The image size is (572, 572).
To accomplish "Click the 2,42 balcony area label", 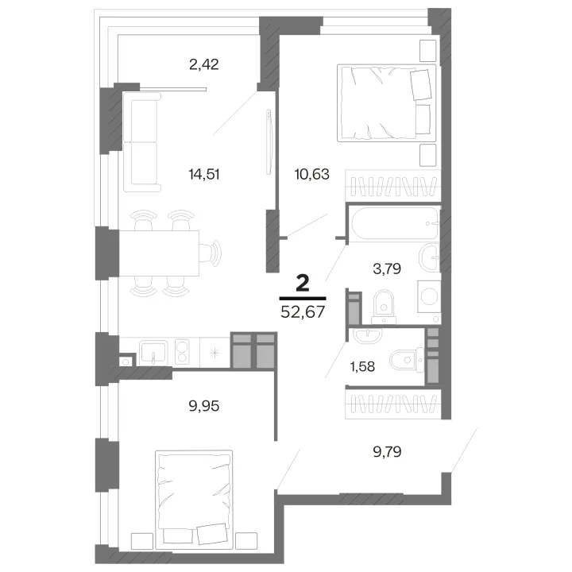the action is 204,64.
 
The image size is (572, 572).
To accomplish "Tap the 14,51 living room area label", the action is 204,174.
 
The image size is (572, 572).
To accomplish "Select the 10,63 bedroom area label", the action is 312,174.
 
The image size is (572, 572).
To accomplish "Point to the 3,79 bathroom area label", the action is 387,269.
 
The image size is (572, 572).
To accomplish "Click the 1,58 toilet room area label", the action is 362,366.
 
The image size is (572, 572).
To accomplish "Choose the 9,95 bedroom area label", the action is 204,406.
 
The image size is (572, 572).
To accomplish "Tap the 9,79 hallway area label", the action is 387,451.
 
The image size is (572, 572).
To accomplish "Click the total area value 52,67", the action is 303,312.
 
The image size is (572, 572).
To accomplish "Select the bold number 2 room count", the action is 303,283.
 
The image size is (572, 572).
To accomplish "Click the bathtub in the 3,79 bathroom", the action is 395,223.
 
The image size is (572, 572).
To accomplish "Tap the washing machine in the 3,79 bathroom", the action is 429,296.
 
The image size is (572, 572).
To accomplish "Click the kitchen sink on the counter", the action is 154,353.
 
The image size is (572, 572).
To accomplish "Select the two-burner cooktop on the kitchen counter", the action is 182,352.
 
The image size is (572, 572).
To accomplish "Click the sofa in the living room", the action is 142,142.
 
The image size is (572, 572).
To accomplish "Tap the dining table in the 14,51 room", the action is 159,253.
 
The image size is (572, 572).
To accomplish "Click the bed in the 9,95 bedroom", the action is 194,500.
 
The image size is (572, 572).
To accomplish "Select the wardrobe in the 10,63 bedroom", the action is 393,186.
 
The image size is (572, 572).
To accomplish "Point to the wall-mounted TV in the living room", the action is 269,142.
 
